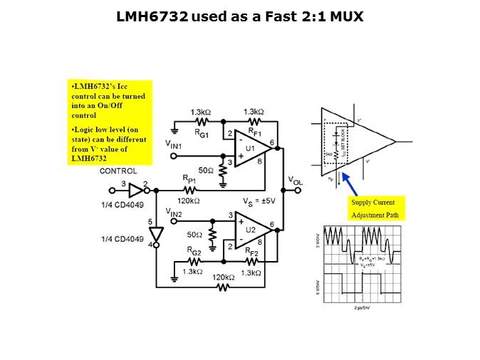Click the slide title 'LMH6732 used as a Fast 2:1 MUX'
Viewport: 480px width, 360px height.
click(x=239, y=16)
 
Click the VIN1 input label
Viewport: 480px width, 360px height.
click(x=175, y=146)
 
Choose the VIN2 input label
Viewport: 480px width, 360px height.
click(x=174, y=211)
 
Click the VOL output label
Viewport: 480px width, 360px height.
click(x=295, y=181)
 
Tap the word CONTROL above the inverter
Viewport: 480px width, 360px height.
click(x=118, y=171)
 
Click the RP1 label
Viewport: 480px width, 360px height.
click(x=189, y=179)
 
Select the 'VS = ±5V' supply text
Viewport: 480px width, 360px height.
click(x=259, y=201)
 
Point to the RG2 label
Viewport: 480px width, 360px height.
click(x=195, y=250)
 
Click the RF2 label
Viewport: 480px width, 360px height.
click(x=252, y=250)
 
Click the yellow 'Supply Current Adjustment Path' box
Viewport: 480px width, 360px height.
click(x=376, y=207)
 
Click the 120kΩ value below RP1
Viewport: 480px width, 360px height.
click(x=189, y=201)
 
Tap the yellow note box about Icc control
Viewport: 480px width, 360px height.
click(x=109, y=122)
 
